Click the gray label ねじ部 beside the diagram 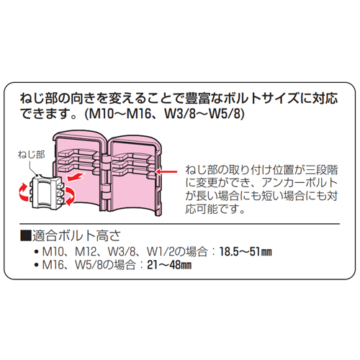click(x=31, y=155)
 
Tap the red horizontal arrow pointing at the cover click(x=166, y=171)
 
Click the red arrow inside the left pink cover click(x=76, y=177)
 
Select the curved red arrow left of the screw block click(x=23, y=192)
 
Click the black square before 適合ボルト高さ click(x=26, y=235)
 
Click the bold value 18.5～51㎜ click(x=246, y=252)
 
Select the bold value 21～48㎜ click(x=169, y=265)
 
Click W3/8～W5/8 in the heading click(x=202, y=114)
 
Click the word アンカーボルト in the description click(x=300, y=183)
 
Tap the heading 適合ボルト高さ click(x=76, y=235)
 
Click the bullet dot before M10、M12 click(x=37, y=252)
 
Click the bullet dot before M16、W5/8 click(x=37, y=265)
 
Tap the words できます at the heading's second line click(x=49, y=114)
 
